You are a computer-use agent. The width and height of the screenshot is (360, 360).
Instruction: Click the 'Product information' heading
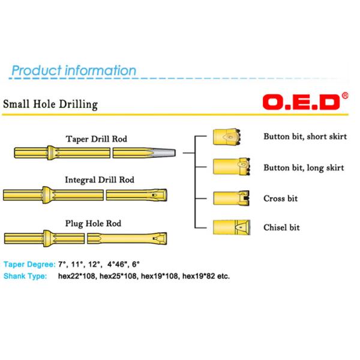coord(74,71)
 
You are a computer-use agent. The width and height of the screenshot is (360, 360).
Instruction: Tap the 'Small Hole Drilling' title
coord(50,104)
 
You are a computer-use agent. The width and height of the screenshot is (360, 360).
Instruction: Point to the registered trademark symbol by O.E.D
coord(344,95)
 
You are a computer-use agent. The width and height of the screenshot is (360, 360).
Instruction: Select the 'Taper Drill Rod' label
coord(96,139)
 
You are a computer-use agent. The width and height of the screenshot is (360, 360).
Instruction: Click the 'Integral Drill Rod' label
coord(100,179)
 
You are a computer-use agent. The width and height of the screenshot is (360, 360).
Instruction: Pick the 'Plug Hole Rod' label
coord(93,224)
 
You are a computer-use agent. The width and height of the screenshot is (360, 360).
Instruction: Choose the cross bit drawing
coord(228,198)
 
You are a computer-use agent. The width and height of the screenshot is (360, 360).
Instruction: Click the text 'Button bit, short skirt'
coord(305,136)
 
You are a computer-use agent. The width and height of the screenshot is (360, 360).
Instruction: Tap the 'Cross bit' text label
coord(280,199)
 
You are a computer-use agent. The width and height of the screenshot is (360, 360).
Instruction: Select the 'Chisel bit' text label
coord(281,228)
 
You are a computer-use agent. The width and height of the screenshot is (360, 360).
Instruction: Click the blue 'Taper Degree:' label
coord(29,264)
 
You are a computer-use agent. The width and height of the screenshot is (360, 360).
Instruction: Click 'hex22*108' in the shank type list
coord(77,277)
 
